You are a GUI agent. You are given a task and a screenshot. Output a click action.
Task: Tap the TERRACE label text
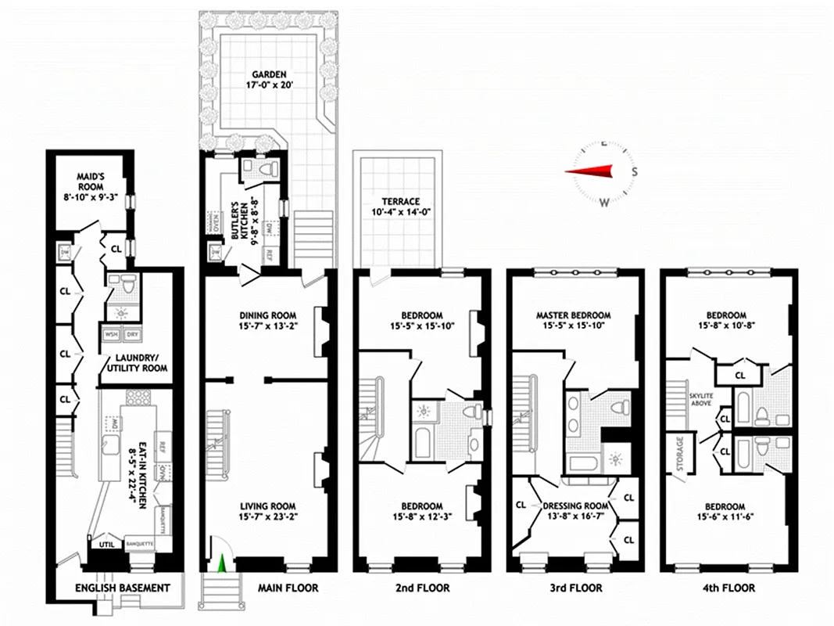pyautogui.click(x=396, y=200)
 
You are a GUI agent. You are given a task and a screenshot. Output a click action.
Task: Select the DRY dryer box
pyautogui.click(x=134, y=334)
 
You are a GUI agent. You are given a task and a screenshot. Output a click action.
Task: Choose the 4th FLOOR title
pyautogui.click(x=728, y=588)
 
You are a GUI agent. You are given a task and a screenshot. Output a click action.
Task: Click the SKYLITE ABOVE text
pyautogui.click(x=700, y=401)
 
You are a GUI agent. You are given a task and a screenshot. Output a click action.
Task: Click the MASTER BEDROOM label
pyautogui.click(x=573, y=315)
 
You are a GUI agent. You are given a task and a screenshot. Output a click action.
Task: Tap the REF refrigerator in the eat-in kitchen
pyautogui.click(x=163, y=448)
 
